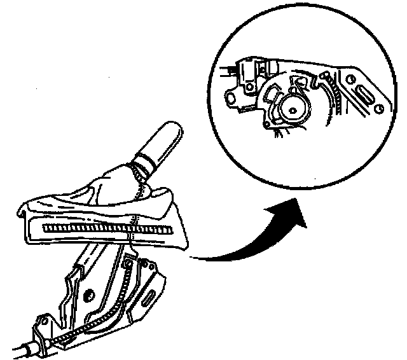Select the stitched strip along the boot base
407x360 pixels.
click(x=105, y=226)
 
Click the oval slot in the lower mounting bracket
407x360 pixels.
click(x=148, y=296)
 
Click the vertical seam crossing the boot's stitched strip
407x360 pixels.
click(x=132, y=228)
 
